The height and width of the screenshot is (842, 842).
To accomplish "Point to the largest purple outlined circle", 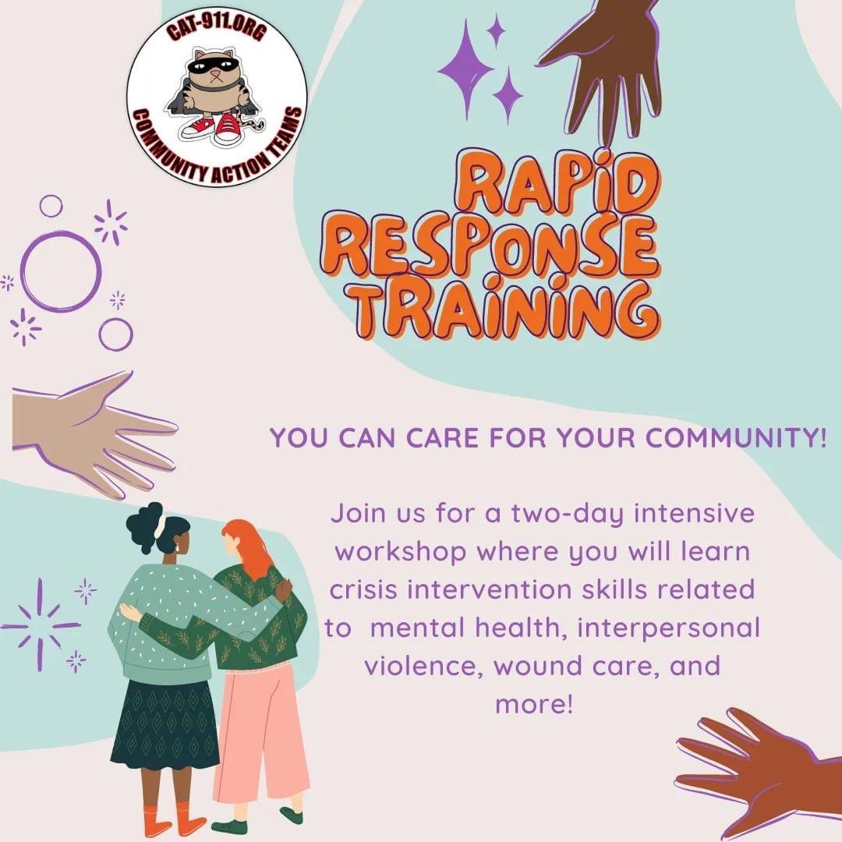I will pyautogui.click(x=61, y=271).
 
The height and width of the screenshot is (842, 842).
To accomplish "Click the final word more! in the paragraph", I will pyautogui.click(x=535, y=705).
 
